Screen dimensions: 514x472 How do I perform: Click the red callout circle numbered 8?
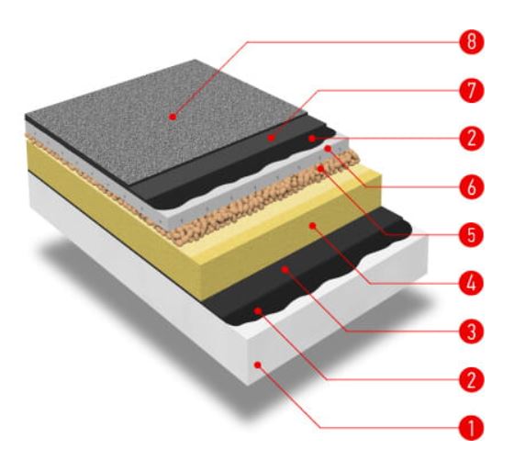coord(472,42)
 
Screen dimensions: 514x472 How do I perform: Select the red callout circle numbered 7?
coord(472,90)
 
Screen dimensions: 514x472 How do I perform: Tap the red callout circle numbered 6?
coord(472,187)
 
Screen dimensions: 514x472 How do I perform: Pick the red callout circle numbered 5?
coord(472,235)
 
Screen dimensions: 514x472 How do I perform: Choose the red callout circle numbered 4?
coord(472,284)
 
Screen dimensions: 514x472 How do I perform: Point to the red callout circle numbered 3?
coord(472,332)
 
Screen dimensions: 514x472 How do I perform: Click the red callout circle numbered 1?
coord(472,428)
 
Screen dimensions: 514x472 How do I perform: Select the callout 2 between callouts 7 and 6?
coord(472,139)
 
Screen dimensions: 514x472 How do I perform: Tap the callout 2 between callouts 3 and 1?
coord(472,379)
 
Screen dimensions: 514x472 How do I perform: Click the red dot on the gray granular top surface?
coord(173,116)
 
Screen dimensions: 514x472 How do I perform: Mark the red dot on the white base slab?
coord(258,365)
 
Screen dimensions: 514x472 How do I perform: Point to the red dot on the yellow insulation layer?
coord(313,226)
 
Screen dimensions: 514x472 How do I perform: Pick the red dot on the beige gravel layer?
coord(321,168)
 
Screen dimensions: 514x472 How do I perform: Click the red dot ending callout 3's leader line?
coord(285,270)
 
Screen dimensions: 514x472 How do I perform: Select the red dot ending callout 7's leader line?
coord(271,138)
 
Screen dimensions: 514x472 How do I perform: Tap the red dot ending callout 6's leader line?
coord(329,149)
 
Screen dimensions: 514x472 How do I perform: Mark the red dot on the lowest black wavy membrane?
coord(258,310)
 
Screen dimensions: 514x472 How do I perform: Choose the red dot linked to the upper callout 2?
coord(312,139)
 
